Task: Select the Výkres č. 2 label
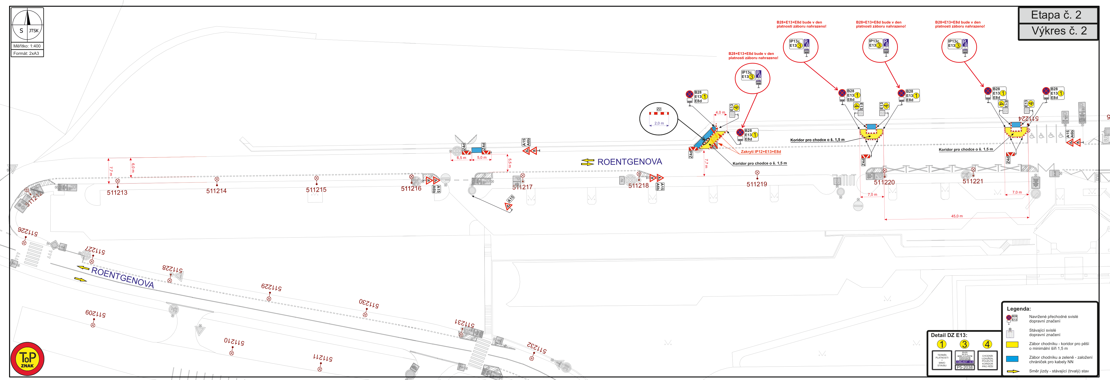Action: coord(1059,31)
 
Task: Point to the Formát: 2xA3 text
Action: coord(26,54)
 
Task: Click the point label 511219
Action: coord(757,184)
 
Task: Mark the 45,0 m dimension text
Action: coord(957,216)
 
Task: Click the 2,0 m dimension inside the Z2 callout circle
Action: coord(659,123)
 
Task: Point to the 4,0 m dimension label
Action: coord(720,113)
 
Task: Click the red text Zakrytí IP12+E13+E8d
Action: coord(760,152)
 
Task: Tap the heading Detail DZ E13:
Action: coord(949,335)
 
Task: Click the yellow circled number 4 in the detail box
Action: coord(987,344)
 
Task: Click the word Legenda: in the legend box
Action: coord(1019,309)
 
